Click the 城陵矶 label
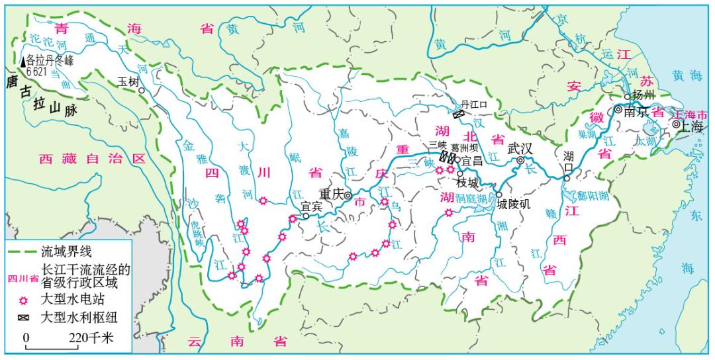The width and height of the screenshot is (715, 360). click(x=514, y=204)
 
